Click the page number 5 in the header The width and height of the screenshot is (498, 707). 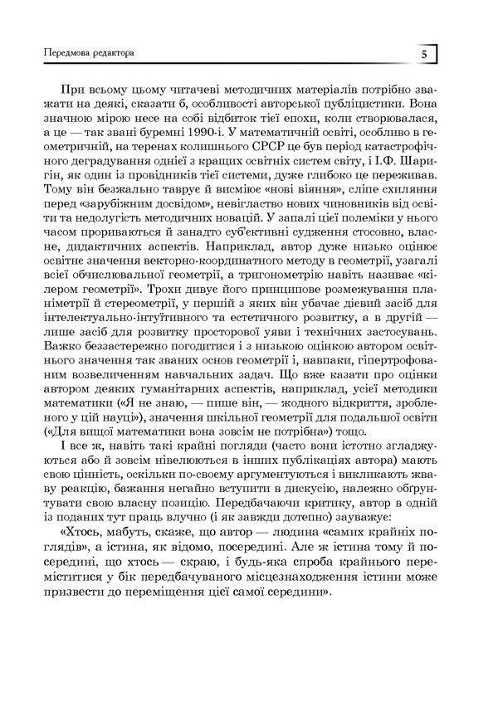pos(423,55)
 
